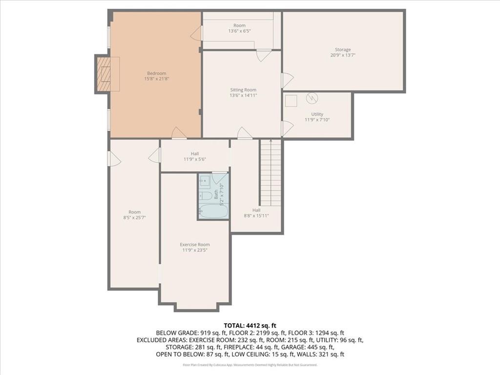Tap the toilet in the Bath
(x=206, y=196)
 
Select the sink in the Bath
(x=205, y=182)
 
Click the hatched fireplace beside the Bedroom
(x=104, y=74)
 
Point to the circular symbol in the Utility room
(x=312, y=99)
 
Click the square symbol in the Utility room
(x=291, y=100)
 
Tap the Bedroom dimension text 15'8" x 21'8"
(x=157, y=79)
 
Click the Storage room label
(x=342, y=49)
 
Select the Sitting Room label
(x=243, y=90)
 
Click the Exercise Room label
(x=195, y=245)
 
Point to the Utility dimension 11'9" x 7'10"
(x=317, y=120)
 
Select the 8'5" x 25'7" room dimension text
(x=134, y=218)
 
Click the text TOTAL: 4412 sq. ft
(x=250, y=325)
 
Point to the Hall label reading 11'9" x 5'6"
(x=195, y=159)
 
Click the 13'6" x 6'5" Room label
(x=239, y=31)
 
